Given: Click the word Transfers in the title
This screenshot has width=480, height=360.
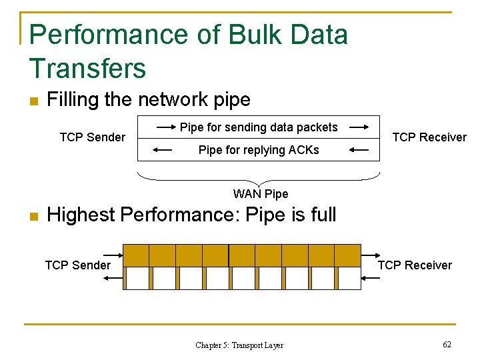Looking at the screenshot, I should point(87,69).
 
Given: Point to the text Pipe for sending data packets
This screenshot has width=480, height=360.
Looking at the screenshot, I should point(259,127).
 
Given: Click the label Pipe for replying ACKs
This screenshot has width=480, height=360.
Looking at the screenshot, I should point(259,150).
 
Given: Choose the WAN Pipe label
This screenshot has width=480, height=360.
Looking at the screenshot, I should point(261,194).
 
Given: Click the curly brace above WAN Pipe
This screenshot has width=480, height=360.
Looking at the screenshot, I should point(259,179).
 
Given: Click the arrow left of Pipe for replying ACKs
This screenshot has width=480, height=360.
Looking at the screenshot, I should point(162,151).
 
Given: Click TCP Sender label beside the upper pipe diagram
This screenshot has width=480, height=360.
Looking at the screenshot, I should point(92,137).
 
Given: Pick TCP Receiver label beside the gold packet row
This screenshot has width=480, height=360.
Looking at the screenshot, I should point(415,265).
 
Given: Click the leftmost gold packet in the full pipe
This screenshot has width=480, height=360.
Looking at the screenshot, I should point(136,255).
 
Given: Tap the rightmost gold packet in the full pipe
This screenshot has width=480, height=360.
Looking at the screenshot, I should point(347,255).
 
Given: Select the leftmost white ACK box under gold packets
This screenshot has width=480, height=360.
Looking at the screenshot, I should point(137,278).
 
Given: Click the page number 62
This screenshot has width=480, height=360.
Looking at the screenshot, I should point(447,345).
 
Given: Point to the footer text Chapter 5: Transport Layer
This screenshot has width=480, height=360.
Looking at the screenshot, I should point(239,345).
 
